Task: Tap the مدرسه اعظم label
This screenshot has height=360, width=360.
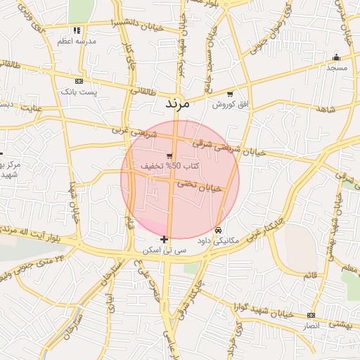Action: point(77,41)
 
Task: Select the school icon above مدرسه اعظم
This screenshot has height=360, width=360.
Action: point(77,31)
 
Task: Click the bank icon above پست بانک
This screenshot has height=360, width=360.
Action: point(78,82)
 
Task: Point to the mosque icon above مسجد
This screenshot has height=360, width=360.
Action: point(336,58)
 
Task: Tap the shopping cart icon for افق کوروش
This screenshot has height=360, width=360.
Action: point(229,94)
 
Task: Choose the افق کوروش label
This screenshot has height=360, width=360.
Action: point(229,105)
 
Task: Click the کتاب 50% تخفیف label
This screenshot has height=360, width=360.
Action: point(170,166)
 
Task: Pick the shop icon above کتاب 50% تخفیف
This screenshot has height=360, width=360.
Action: point(169,156)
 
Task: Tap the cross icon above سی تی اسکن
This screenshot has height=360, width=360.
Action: point(165,240)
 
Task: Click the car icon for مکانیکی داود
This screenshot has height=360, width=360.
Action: point(218,231)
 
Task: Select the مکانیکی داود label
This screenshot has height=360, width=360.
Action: point(219,240)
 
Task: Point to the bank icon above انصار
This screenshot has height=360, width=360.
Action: point(311,315)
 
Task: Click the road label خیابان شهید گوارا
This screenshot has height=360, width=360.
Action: point(263,307)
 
